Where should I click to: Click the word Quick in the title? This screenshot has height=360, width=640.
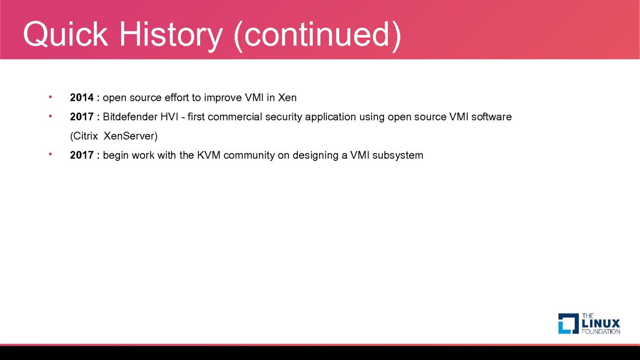[x=66, y=34]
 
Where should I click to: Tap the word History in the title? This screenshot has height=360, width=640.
[x=171, y=35]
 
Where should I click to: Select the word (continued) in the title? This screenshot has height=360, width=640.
[x=318, y=36]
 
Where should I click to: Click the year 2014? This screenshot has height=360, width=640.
[x=82, y=98]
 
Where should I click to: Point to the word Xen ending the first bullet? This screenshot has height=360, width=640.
[x=287, y=98]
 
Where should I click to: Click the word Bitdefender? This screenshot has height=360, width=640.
[x=130, y=117]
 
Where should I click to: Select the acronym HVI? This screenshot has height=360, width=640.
[x=169, y=117]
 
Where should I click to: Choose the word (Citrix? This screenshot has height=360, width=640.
[x=84, y=136]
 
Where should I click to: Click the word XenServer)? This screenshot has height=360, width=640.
[x=130, y=136]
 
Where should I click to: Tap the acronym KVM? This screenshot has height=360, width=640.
[x=208, y=155]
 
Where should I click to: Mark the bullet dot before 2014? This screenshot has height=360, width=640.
[x=50, y=97]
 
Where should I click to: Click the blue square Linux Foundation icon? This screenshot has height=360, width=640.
[x=568, y=324]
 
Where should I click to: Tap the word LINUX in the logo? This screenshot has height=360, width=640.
[x=601, y=324]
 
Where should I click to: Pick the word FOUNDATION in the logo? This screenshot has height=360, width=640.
[x=601, y=332]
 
